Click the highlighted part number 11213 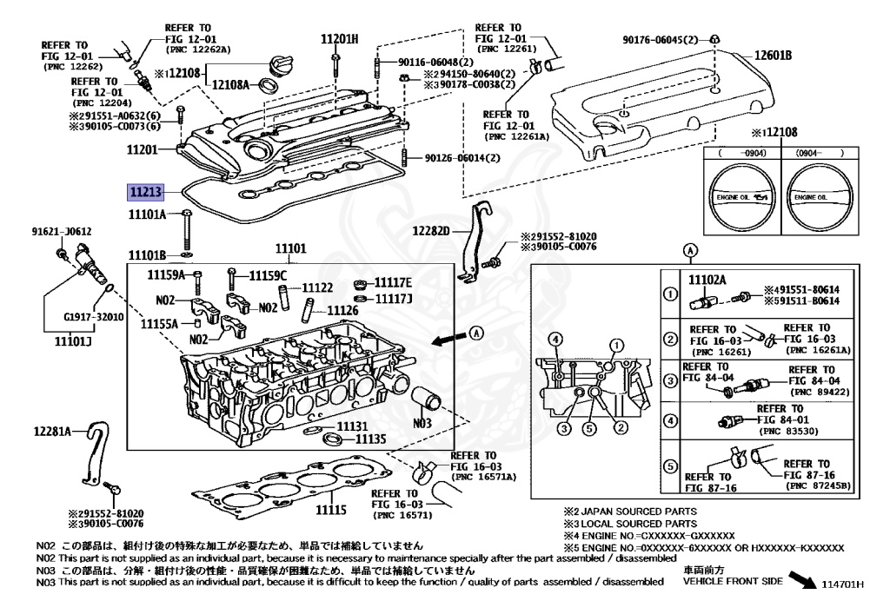[146, 192]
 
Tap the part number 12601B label [773, 55]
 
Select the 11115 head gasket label [331, 509]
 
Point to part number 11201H [340, 38]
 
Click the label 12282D [431, 231]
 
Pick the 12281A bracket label [52, 432]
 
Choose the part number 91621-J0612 [62, 231]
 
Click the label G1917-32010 [94, 317]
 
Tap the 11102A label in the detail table [707, 280]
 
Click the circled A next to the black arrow [477, 333]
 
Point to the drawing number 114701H [843, 584]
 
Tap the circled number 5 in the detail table [670, 466]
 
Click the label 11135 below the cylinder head [370, 439]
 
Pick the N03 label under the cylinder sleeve [422, 423]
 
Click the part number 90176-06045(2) [661, 40]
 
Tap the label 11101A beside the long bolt [147, 215]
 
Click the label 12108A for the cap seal [230, 85]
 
